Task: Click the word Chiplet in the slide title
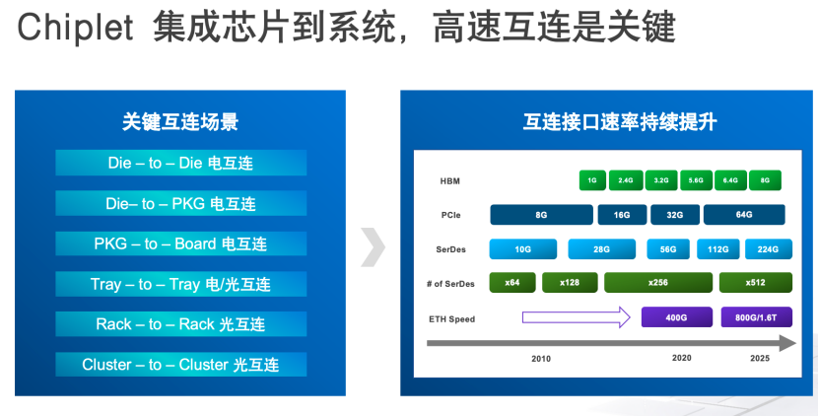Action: point(75,29)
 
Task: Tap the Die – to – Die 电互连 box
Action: point(180,163)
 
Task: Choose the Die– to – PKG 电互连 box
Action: point(180,203)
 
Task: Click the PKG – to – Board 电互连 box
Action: point(180,243)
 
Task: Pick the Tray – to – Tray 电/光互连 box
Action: point(180,284)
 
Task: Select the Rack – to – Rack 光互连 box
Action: point(180,324)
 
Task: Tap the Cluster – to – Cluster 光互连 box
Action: point(180,365)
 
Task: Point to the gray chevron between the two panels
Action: point(373,247)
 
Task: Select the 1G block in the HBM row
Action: point(592,180)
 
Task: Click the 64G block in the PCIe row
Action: point(743,215)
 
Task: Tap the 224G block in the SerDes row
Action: point(769,249)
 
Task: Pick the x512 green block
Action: point(755,283)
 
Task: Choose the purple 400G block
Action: point(676,317)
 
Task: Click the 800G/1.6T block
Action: point(756,317)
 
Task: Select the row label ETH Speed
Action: point(452,318)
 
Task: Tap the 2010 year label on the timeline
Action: point(541,358)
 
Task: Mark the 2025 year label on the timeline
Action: point(758,358)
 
